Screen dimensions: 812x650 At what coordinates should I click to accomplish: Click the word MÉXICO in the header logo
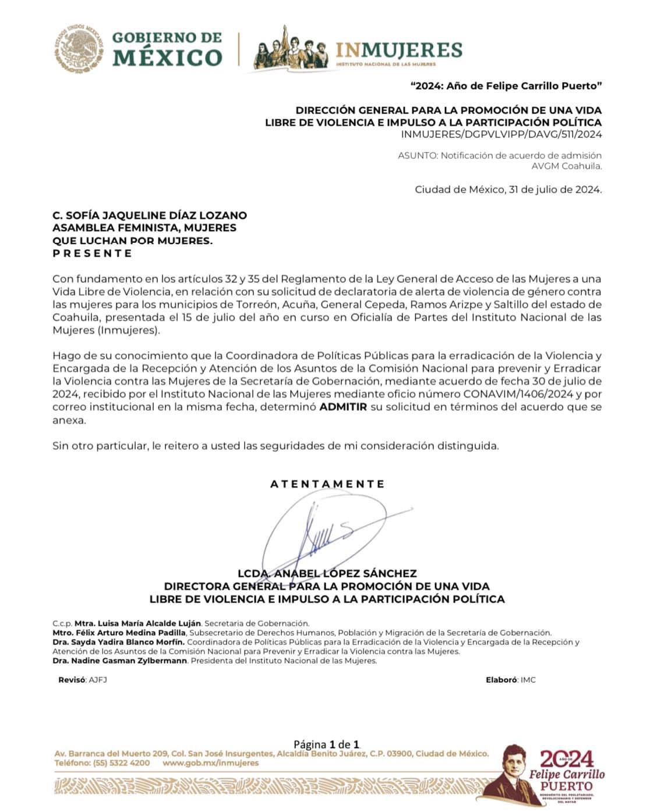pos(167,58)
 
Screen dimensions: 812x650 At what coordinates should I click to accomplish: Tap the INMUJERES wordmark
pos(399,50)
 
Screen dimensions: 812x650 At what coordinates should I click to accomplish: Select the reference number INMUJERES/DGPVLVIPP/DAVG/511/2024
pos(501,134)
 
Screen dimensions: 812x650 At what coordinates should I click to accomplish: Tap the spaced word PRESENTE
pos(93,253)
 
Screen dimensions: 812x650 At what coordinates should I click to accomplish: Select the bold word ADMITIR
pos(343,407)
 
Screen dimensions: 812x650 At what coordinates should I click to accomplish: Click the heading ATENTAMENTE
pos(327,484)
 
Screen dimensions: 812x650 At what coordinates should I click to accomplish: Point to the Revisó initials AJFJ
pos(98,680)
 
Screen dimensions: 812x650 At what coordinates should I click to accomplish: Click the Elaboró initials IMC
pos(528,680)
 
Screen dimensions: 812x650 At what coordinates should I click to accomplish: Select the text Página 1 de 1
pos(327,744)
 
